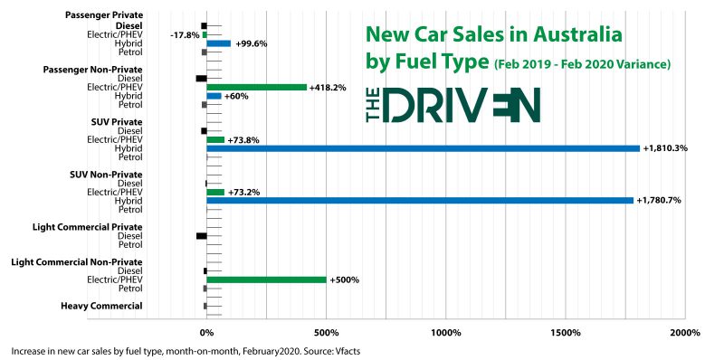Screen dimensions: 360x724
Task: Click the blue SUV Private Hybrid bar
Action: (423, 148)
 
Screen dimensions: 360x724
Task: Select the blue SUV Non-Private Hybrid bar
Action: (419, 201)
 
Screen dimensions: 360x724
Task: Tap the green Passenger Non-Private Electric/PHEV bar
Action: (257, 87)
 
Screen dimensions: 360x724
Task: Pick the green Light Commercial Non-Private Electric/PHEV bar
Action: (266, 279)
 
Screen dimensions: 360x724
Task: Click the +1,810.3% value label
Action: (665, 148)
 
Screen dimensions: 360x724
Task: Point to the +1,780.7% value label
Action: (660, 201)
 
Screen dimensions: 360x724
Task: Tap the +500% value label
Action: (345, 279)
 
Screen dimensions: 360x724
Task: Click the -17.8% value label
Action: (184, 34)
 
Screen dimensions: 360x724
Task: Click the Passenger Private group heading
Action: (104, 15)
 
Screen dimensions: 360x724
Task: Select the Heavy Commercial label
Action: (101, 306)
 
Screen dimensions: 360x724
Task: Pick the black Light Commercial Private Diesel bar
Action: (201, 235)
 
